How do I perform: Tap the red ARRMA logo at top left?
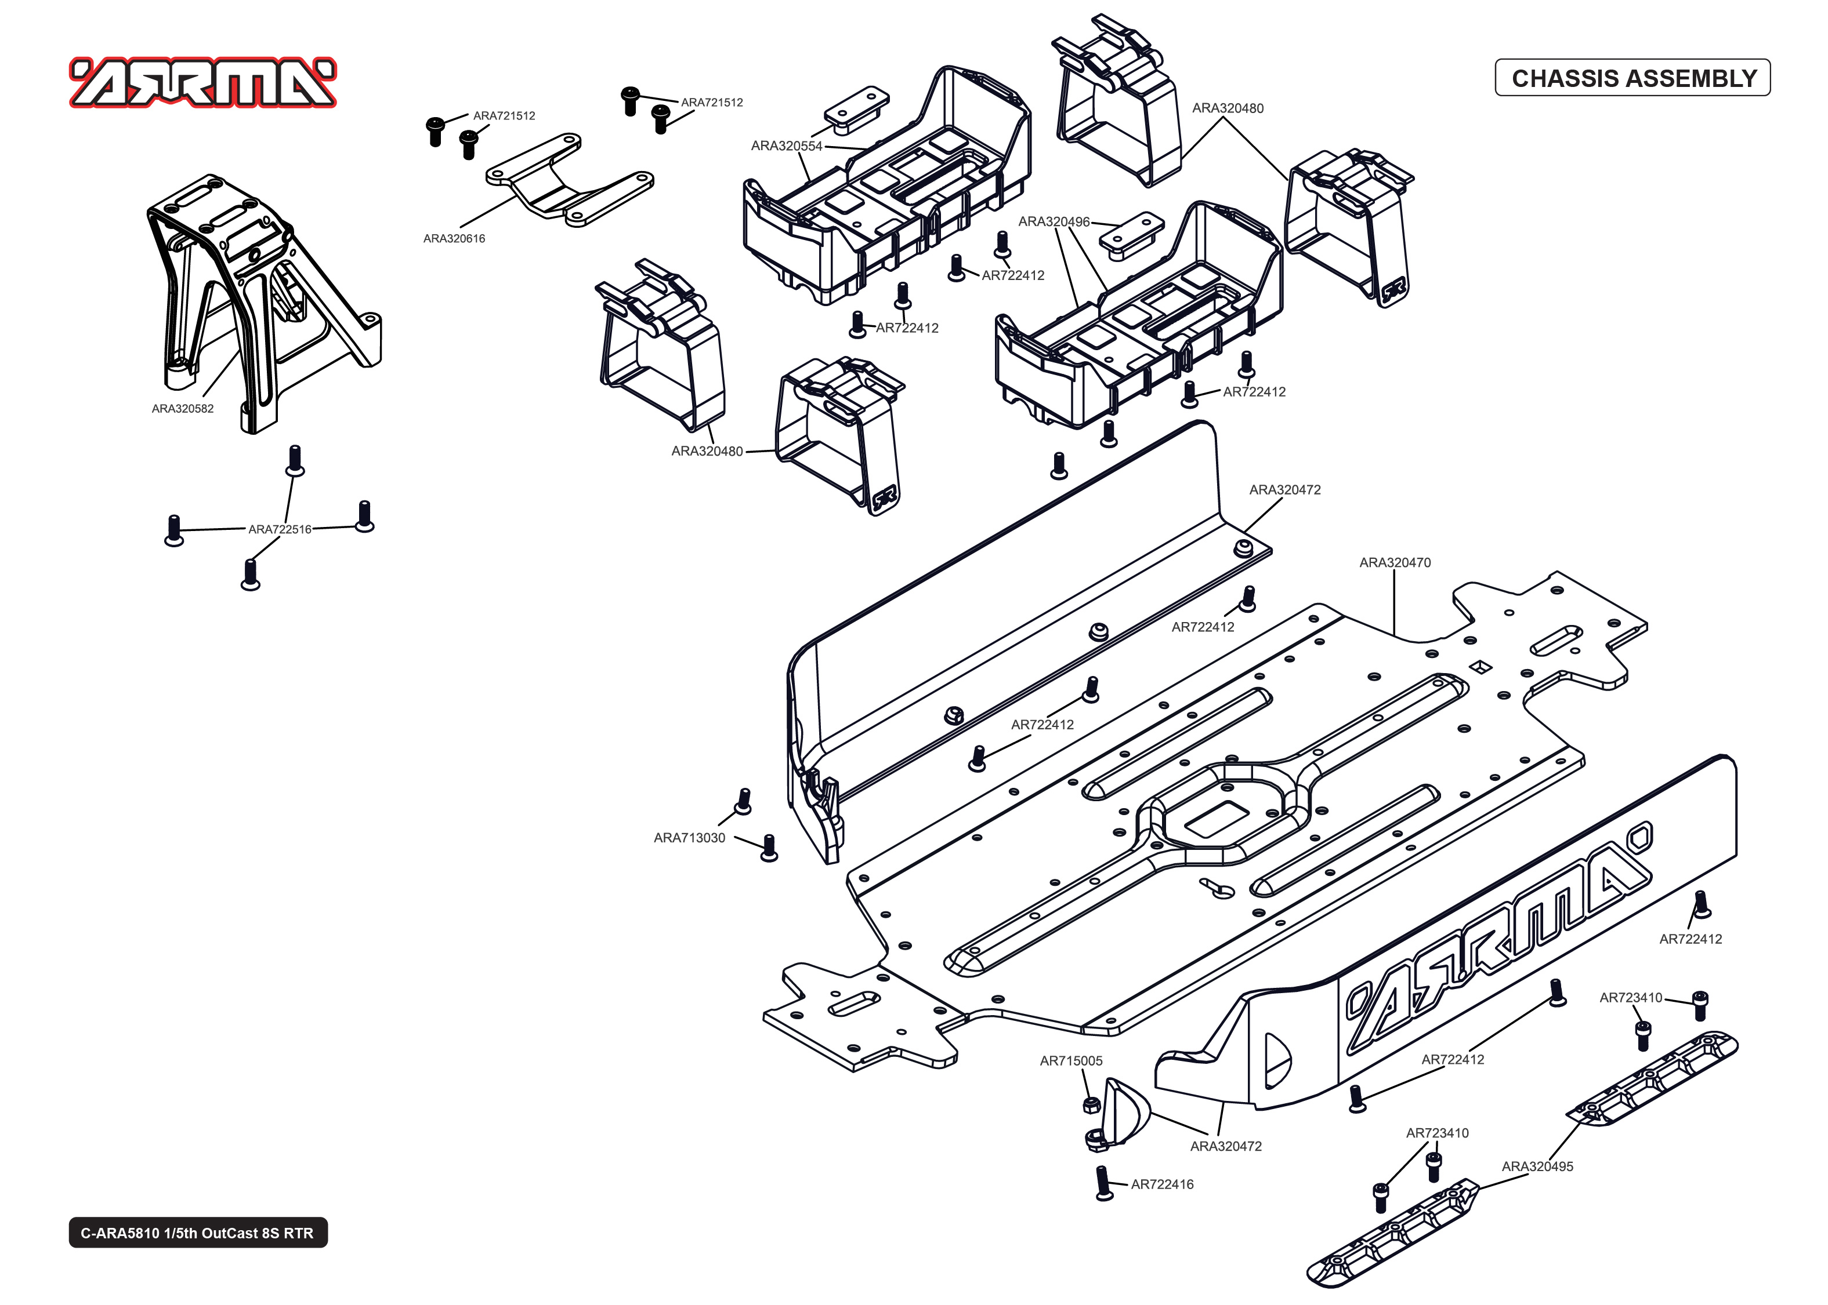[x=202, y=83]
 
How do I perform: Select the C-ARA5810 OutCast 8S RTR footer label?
[x=198, y=1233]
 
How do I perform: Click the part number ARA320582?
[x=183, y=408]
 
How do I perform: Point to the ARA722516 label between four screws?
[x=279, y=529]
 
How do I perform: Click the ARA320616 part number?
[x=454, y=238]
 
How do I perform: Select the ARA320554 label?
[x=786, y=146]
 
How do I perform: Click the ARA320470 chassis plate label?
[x=1395, y=562]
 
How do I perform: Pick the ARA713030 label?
[x=689, y=837]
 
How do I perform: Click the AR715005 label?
[x=1071, y=1061]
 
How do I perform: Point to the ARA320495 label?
[x=1537, y=1166]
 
